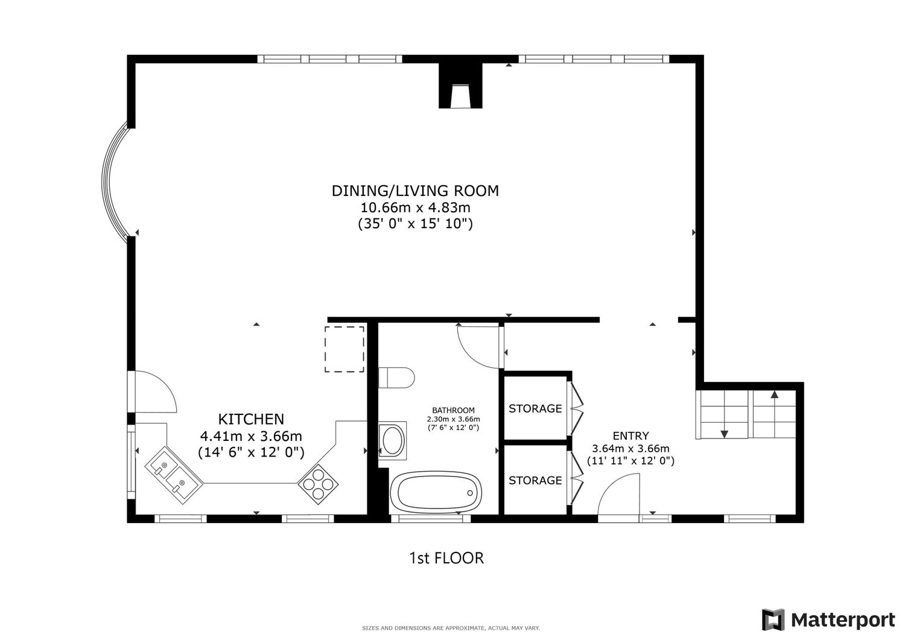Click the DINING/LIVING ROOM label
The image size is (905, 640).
coord(415,191)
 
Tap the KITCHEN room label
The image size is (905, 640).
coord(251,419)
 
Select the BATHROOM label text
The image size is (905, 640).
coord(453,411)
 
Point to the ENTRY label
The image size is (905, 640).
coord(630,436)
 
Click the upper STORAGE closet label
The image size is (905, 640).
coord(535,408)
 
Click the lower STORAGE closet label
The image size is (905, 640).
coord(535,480)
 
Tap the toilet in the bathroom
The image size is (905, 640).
coord(396,378)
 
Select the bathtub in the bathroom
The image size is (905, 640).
coord(436,493)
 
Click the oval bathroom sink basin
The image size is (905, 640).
coord(393,440)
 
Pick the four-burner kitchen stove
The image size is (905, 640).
coord(318,484)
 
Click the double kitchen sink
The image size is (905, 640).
coord(174,475)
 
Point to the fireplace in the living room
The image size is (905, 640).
coord(460,86)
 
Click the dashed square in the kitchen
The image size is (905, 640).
coord(345,349)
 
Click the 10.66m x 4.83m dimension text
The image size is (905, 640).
coord(415,208)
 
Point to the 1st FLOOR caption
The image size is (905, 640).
coord(446,558)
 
